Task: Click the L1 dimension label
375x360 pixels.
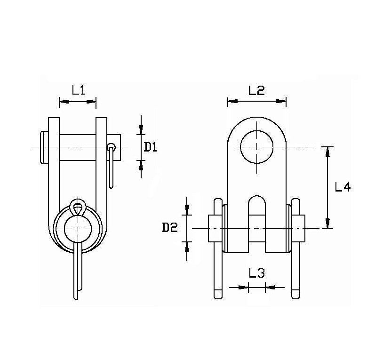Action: point(78,90)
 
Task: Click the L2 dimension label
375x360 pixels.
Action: point(256,90)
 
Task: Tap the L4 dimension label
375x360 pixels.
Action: point(343,187)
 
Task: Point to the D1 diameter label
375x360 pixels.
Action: point(150,147)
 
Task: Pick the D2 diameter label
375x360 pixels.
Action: point(169,228)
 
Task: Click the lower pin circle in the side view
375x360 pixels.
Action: point(78,228)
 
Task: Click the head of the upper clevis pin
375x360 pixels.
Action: point(43,147)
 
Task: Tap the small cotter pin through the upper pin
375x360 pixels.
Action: point(111,165)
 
